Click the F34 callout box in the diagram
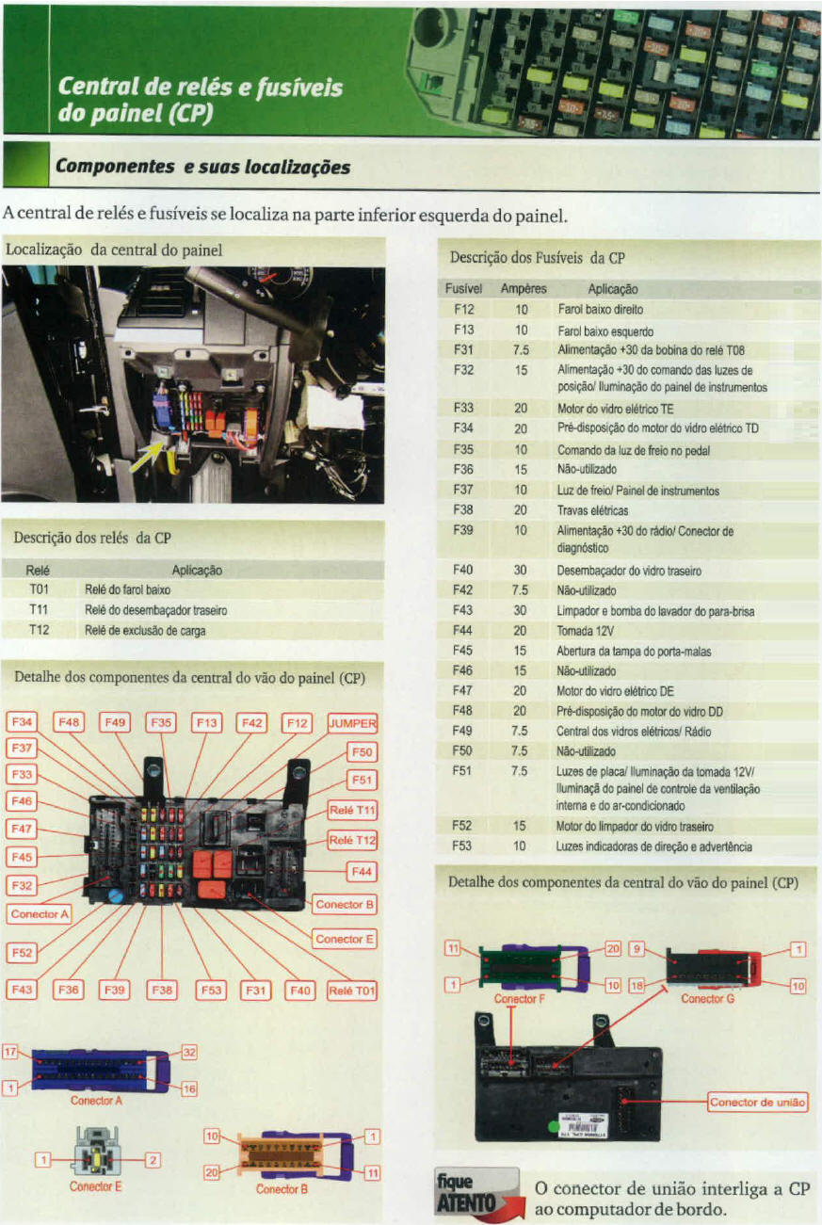21,722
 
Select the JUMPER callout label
351,723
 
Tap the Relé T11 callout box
352,810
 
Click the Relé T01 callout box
351,990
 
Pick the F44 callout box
362,872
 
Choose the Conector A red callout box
39,913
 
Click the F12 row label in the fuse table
463,309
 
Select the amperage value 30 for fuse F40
520,570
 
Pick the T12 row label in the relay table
39,630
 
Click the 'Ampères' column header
524,289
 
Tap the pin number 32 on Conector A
187,1052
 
